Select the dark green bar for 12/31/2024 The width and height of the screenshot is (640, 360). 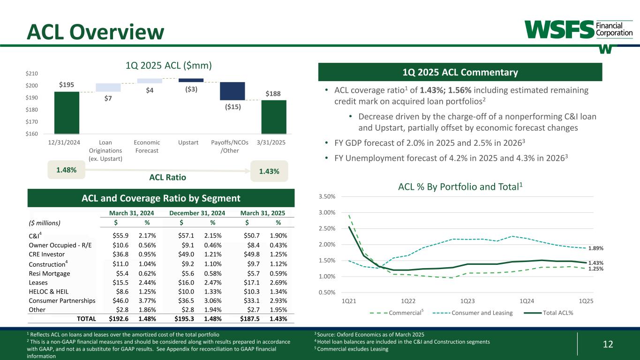pos(67,112)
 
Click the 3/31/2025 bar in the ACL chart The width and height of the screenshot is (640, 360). pos(274,117)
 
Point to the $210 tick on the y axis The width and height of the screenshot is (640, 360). pos(32,74)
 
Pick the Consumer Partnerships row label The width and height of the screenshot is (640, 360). pos(62,300)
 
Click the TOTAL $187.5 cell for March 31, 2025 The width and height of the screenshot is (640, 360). pos(254,319)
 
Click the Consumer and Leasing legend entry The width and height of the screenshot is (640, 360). pos(481,313)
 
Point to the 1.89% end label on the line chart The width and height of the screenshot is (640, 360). pos(596,248)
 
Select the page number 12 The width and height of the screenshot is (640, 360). pos(607,345)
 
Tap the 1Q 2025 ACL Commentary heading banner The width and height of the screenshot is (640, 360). pos(459,72)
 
